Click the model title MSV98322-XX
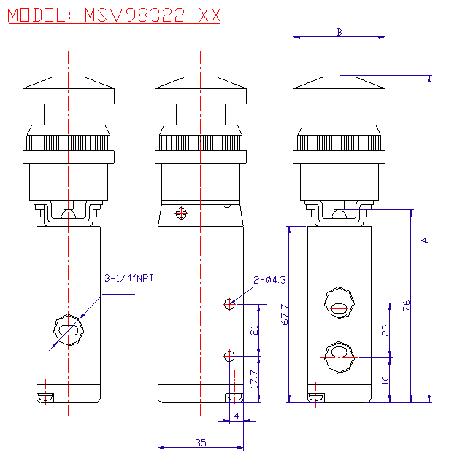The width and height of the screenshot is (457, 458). click(x=114, y=16)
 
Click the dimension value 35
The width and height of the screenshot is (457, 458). click(x=200, y=441)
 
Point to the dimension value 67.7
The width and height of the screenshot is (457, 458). click(x=284, y=314)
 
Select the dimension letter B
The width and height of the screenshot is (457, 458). click(x=339, y=32)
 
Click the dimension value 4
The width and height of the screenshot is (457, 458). click(x=236, y=416)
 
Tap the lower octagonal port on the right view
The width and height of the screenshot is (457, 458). click(x=339, y=355)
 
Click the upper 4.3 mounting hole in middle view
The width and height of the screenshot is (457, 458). click(x=229, y=303)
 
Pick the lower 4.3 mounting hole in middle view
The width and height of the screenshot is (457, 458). click(x=229, y=356)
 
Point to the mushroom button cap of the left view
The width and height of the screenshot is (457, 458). click(x=69, y=91)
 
